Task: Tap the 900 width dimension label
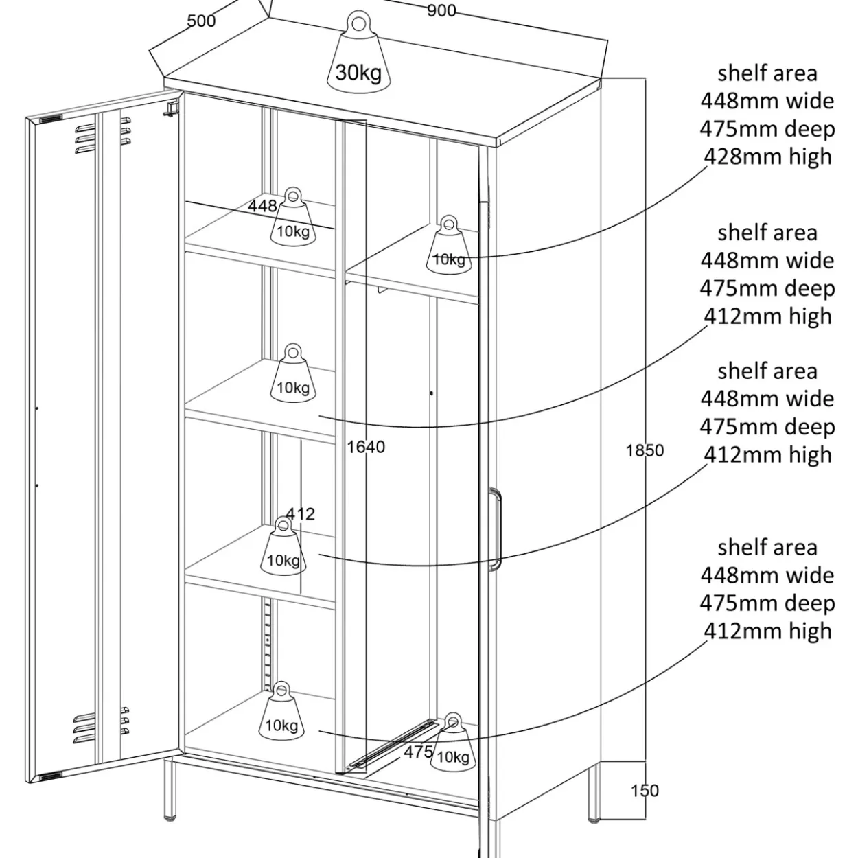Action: (441, 11)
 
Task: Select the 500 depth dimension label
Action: (201, 21)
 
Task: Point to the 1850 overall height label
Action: (645, 450)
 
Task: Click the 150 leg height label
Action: (645, 790)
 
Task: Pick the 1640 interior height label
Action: (366, 447)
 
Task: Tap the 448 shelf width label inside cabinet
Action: (262, 206)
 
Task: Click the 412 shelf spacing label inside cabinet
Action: (301, 514)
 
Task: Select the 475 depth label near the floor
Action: (418, 752)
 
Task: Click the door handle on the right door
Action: (495, 529)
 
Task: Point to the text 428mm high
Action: (767, 156)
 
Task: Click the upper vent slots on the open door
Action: (103, 135)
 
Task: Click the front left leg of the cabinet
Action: (170, 791)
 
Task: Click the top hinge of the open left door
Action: (172, 108)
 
